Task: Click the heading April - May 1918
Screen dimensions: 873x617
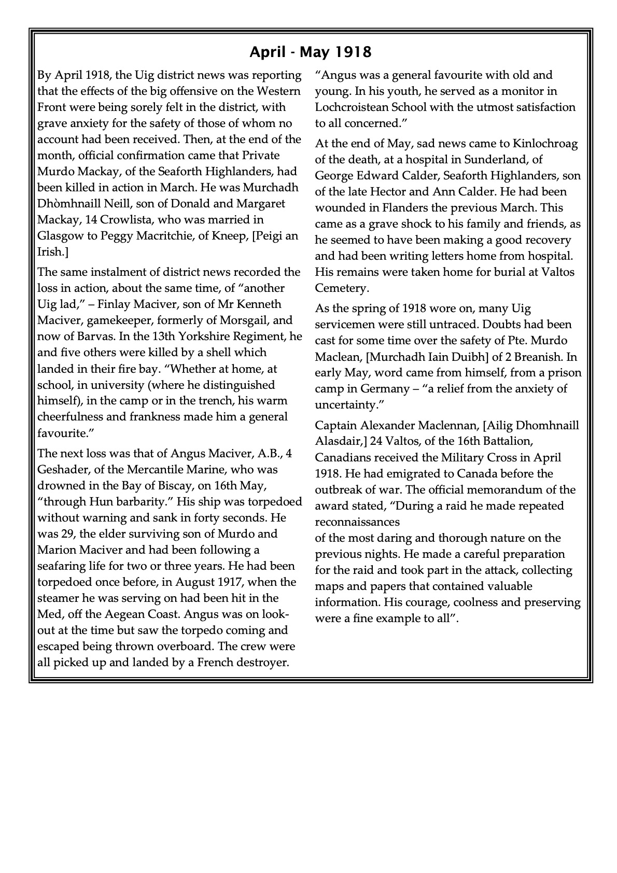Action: tap(310, 52)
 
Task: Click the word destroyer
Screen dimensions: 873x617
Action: tap(261, 662)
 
